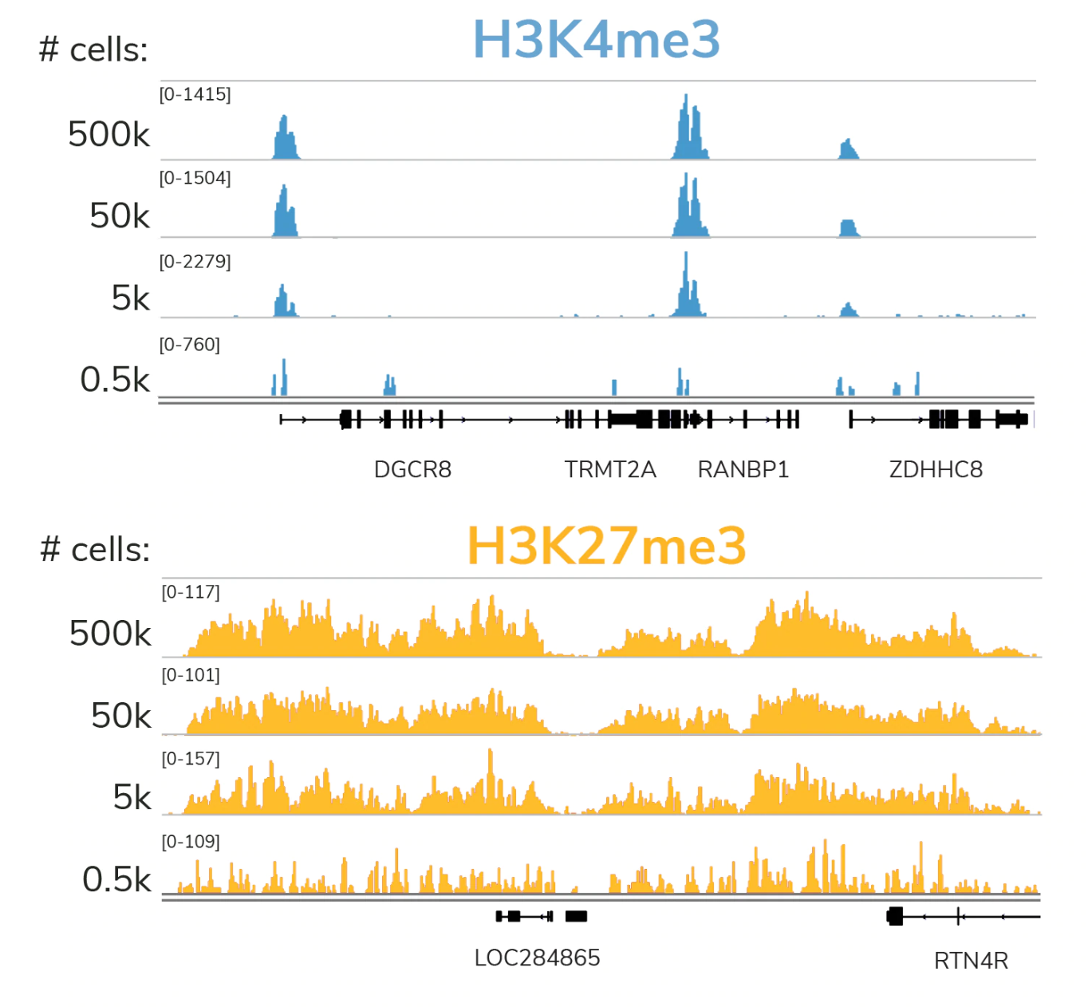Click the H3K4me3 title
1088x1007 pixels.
[x=596, y=39]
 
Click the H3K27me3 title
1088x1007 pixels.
[x=606, y=546]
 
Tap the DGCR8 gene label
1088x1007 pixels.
[x=412, y=469]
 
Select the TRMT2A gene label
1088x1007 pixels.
[x=610, y=469]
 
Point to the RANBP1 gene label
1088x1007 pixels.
[x=743, y=469]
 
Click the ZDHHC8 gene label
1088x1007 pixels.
[x=936, y=469]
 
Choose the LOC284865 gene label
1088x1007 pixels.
[x=537, y=958]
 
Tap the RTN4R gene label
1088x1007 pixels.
[x=971, y=961]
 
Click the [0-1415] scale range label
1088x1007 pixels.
[x=195, y=94]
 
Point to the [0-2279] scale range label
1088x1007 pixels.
[x=195, y=262]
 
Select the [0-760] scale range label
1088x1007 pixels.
[x=190, y=345]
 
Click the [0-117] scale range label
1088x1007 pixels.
[x=191, y=592]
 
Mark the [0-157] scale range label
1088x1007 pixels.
[x=191, y=759]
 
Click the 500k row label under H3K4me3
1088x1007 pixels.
[x=109, y=134]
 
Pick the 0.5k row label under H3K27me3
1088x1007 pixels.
[x=116, y=879]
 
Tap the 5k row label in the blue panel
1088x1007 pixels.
[x=131, y=298]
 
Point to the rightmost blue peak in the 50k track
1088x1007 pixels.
[x=849, y=228]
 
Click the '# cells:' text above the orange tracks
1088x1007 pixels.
[x=95, y=549]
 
